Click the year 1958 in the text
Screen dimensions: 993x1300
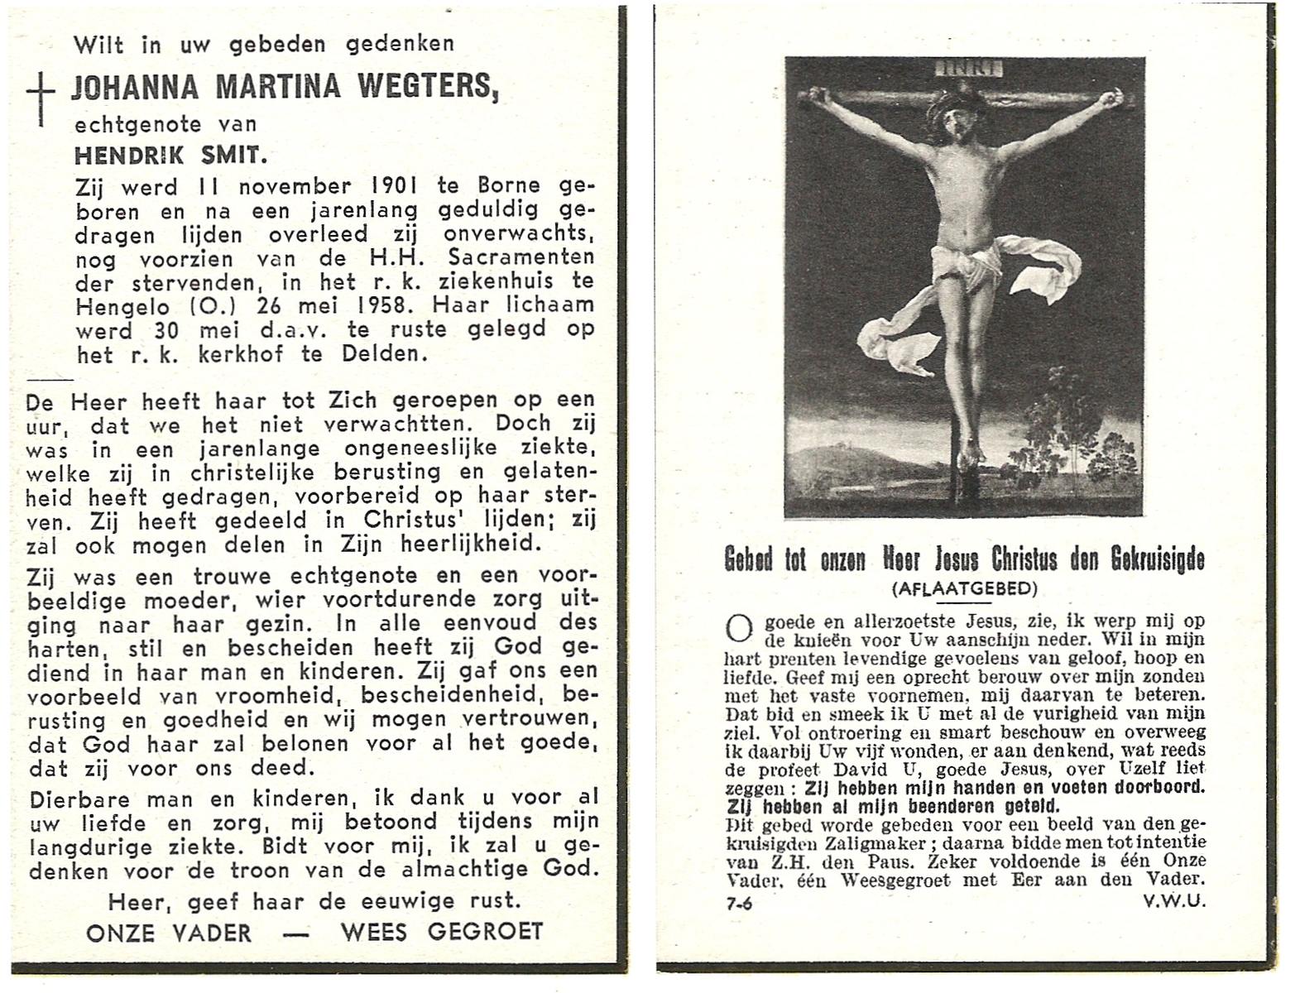pos(379,305)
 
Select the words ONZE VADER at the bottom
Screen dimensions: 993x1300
pos(168,933)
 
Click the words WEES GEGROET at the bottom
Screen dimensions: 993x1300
pos(442,932)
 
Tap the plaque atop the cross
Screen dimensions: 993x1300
pos(968,68)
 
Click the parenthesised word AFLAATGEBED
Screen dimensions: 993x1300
pos(964,588)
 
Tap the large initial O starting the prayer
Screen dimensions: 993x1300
pos(737,628)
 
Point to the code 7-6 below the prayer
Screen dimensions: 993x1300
pos(739,904)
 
